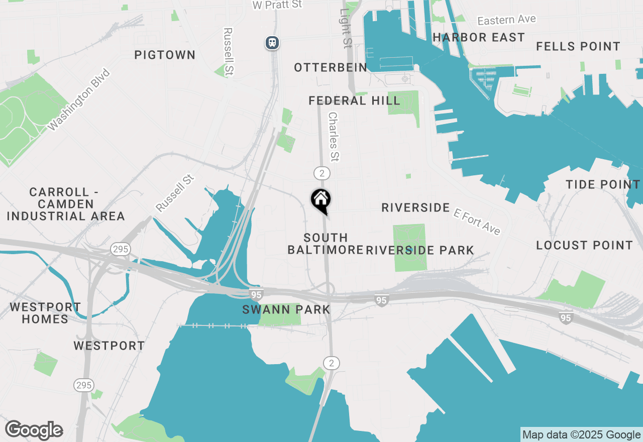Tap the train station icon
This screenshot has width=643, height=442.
pos(272,43)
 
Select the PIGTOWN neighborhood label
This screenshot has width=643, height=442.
pos(165,55)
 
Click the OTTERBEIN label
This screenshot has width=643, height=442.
pos(331,67)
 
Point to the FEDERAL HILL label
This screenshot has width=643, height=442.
pos(354,100)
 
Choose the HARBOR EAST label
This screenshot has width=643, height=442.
pos(478,37)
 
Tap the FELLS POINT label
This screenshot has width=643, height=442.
pos(578,46)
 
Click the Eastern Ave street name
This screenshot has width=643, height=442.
pos(506,20)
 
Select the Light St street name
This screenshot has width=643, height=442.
pos(345,28)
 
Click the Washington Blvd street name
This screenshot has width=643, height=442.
pos(79,99)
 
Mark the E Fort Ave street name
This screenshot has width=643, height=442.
pos(477,222)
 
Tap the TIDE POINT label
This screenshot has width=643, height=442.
pos(603,184)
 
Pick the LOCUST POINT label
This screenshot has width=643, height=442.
pos(584,245)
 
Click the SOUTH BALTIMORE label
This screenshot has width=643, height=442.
pos(326,244)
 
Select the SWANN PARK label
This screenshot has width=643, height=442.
pos(286,309)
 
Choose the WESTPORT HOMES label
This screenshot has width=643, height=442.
pos(45,313)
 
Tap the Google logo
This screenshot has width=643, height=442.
pos(34,430)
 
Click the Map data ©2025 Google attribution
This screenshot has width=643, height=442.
pos(581,435)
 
